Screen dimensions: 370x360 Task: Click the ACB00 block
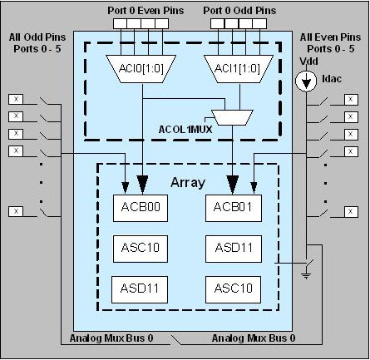click(141, 208)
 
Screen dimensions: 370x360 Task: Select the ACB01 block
click(234, 208)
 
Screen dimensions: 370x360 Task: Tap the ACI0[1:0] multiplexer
click(141, 69)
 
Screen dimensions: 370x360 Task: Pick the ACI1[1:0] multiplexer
click(239, 69)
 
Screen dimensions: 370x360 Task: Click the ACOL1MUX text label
click(185, 130)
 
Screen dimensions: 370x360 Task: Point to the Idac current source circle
click(306, 81)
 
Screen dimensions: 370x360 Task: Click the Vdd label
click(308, 62)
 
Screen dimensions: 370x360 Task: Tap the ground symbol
click(306, 276)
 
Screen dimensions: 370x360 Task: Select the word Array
click(188, 183)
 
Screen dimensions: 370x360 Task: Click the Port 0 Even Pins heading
click(146, 11)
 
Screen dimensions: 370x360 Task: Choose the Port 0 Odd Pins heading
click(239, 11)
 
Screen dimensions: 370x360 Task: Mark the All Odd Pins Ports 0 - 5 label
click(37, 43)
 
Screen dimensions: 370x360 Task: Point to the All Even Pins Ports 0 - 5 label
click(330, 43)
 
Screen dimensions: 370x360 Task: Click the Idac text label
click(332, 79)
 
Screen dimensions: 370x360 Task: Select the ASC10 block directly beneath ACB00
click(141, 249)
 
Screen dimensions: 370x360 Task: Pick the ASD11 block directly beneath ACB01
click(234, 249)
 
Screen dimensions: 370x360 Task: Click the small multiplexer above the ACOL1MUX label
click(232, 117)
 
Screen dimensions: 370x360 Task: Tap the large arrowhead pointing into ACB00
click(142, 185)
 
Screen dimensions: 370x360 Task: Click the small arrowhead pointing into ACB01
click(254, 188)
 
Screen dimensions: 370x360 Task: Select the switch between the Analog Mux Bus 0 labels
click(175, 340)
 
